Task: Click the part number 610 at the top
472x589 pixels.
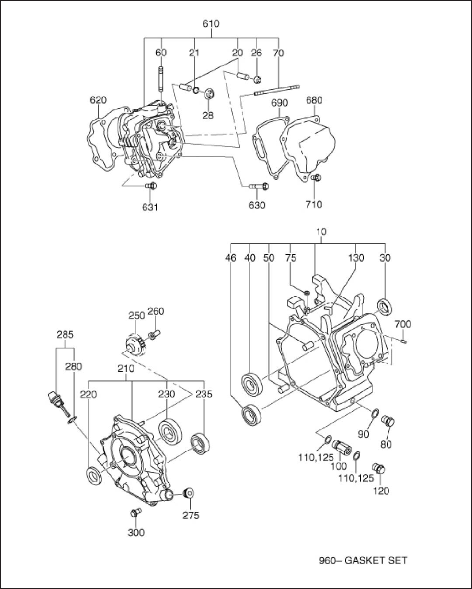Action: (211, 24)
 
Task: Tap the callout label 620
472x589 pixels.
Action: (98, 100)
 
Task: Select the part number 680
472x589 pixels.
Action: (314, 100)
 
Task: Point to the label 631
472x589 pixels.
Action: (150, 207)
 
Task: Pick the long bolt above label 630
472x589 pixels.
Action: (259, 186)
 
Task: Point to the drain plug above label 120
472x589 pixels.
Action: (379, 468)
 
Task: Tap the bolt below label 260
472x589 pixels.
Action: (154, 334)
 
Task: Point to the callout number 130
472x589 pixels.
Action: (356, 258)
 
